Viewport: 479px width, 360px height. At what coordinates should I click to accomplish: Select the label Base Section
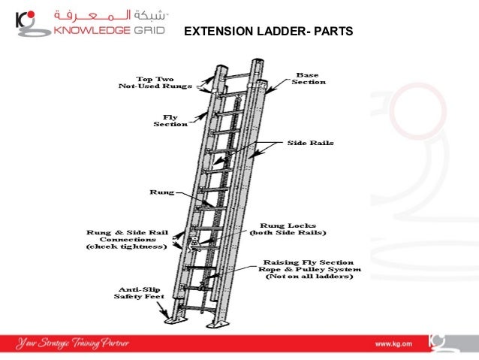pos(309,78)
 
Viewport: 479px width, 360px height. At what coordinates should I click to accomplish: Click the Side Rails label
pos(310,142)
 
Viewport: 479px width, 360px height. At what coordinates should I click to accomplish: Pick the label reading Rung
pos(162,192)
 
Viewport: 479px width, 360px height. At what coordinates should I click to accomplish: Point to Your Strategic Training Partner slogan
pos(75,343)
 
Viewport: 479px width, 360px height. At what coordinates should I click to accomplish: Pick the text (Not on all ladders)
pos(309,277)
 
